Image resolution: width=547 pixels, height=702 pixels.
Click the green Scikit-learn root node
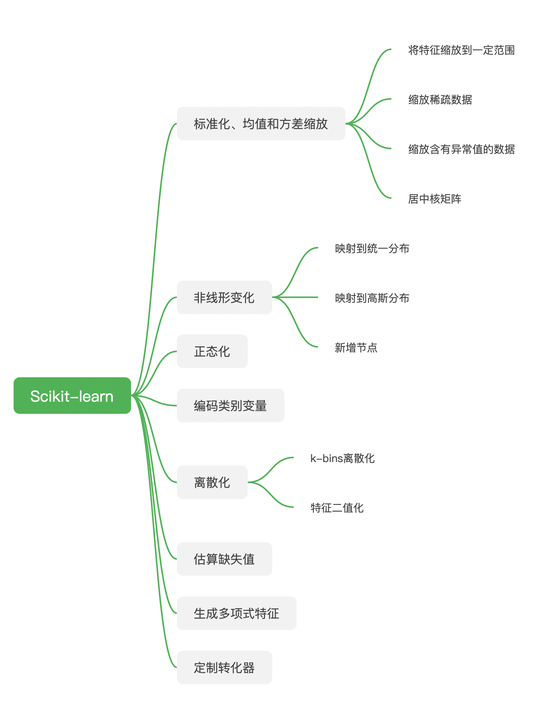click(x=72, y=396)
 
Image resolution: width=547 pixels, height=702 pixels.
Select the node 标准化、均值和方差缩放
click(x=261, y=124)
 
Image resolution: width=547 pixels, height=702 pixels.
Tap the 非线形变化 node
click(x=224, y=297)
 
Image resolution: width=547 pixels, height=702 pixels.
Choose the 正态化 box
click(x=212, y=351)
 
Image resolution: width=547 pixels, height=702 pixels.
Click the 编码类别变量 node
click(x=230, y=405)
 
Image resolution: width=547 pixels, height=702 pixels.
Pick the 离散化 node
click(x=212, y=482)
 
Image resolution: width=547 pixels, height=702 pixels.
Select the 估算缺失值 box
click(x=224, y=559)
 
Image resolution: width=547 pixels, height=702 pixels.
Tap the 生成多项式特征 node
click(x=236, y=613)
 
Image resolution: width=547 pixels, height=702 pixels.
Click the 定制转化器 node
click(x=224, y=667)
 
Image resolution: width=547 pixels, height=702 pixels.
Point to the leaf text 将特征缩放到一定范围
click(x=461, y=50)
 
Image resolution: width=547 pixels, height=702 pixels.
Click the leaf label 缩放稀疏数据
click(x=440, y=100)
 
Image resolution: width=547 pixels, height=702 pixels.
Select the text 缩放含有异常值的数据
click(x=461, y=149)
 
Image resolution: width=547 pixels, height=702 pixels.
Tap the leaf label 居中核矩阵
click(x=435, y=199)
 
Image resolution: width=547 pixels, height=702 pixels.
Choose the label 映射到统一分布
click(x=372, y=248)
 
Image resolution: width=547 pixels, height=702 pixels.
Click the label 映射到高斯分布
click(x=372, y=298)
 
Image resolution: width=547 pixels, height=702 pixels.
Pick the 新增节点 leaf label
click(x=356, y=348)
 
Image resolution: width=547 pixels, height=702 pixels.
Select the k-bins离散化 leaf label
click(x=342, y=458)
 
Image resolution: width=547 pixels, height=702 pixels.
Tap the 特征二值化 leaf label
click(x=337, y=508)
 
